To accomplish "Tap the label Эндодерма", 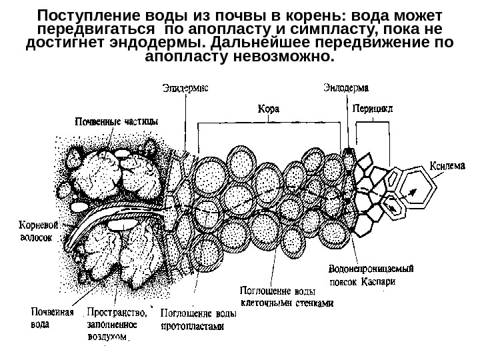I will click(347, 87).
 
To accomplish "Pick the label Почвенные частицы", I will click(116, 121).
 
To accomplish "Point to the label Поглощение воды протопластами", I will click(199, 319).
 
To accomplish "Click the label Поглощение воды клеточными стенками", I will click(285, 296).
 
